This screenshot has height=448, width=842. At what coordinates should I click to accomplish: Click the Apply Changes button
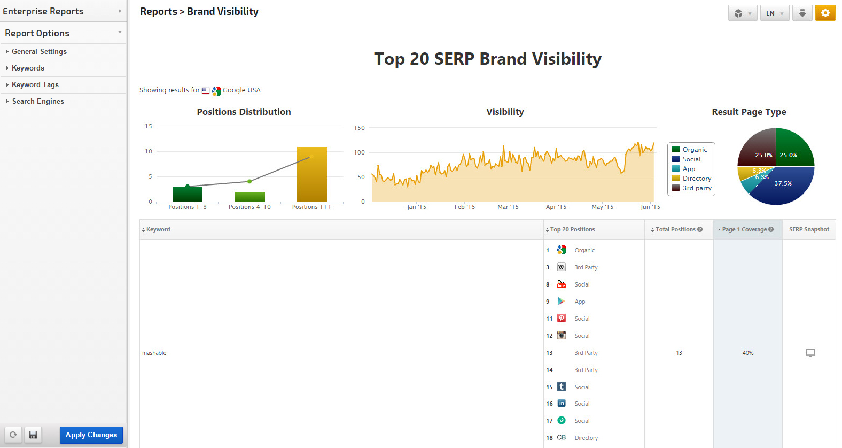click(91, 435)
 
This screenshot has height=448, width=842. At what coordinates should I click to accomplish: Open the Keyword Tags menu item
click(35, 85)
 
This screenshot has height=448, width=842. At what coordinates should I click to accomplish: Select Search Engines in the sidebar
click(38, 102)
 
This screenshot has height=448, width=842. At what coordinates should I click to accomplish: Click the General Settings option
click(39, 52)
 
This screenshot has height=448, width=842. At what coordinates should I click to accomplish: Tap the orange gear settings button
click(825, 13)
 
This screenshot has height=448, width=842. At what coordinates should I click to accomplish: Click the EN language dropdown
click(774, 13)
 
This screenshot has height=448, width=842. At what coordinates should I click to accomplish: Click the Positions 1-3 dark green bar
click(188, 195)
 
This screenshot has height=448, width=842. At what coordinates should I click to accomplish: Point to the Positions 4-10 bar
click(250, 197)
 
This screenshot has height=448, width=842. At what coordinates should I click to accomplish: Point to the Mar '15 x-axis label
click(508, 207)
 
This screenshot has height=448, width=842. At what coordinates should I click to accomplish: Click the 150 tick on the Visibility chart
click(360, 128)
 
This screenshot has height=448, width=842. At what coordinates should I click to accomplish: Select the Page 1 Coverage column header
click(747, 229)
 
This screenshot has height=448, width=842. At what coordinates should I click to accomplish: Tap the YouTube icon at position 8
click(562, 284)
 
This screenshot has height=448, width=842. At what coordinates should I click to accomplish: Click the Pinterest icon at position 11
click(562, 319)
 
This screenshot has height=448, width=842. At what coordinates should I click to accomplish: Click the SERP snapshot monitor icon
click(810, 353)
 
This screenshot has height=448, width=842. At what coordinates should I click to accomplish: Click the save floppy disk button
click(33, 435)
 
